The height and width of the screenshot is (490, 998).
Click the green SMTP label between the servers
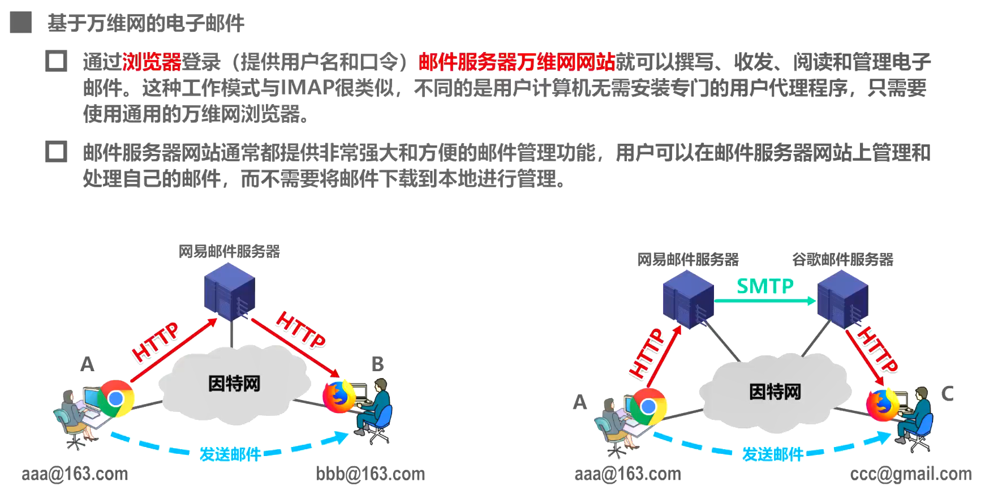coord(765,286)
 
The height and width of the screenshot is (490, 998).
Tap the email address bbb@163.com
coord(370,474)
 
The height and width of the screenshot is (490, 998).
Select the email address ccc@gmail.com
coord(910,474)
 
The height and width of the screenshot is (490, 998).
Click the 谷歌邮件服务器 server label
coord(842,260)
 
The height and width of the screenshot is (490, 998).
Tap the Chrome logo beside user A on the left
coord(115,399)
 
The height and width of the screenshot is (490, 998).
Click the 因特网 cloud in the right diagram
coord(775,392)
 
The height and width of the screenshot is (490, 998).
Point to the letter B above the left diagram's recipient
coord(377,364)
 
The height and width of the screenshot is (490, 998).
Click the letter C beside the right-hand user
coord(947,394)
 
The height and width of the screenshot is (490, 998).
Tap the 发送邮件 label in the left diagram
coord(230,454)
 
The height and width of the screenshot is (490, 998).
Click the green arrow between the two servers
coord(765,301)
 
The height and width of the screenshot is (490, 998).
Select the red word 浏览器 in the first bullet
coord(152,62)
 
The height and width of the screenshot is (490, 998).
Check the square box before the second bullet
coord(56,152)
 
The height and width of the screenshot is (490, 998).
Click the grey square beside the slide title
coord(21,23)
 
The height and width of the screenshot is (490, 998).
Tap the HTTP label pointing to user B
coord(300,329)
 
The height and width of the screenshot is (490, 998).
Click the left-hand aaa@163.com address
coord(75,474)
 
